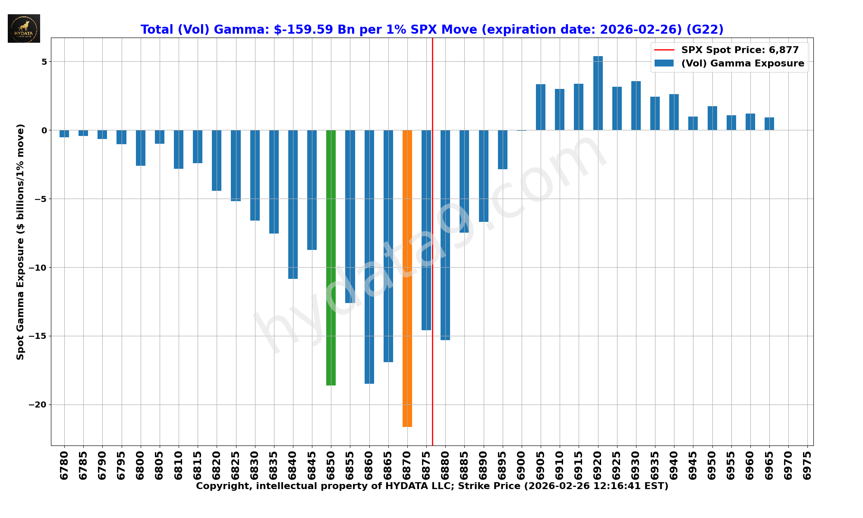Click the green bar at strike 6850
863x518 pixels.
(x=331, y=257)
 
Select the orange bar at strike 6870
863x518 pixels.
(x=407, y=278)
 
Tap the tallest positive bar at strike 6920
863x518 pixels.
(x=598, y=93)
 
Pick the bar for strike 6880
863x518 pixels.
(x=445, y=235)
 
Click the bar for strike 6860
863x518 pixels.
(x=369, y=256)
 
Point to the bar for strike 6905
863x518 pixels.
(x=541, y=107)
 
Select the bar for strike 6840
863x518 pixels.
(x=293, y=204)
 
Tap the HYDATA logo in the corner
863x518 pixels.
(x=24, y=28)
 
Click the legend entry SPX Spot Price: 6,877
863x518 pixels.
(x=740, y=50)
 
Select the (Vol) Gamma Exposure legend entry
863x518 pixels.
(x=742, y=63)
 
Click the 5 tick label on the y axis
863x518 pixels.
(x=44, y=62)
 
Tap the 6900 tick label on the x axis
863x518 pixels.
(x=522, y=465)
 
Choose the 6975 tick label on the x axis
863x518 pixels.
(x=807, y=465)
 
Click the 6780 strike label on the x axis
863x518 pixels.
(x=64, y=465)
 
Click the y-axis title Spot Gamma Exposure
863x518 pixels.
(x=20, y=242)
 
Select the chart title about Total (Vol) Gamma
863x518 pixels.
(x=432, y=29)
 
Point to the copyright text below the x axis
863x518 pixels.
(x=432, y=486)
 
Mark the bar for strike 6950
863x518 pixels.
(x=712, y=118)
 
